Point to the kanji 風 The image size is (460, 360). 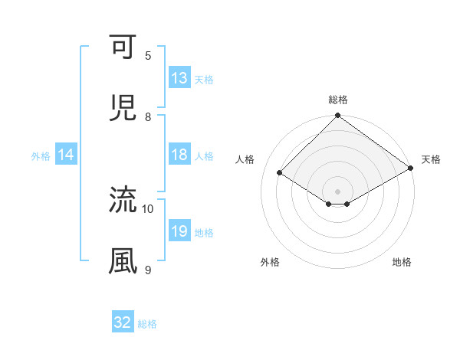123,260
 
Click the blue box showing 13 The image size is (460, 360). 179,78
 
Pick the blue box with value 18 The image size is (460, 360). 179,155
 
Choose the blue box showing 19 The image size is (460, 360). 179,232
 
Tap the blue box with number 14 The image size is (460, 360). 66,155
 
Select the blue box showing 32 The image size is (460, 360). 123,322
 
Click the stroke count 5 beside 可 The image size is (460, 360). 148,55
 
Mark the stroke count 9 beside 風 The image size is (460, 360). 148,270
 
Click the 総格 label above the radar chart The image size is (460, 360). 338,100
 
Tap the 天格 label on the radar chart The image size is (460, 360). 431,159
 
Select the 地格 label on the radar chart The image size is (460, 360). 402,262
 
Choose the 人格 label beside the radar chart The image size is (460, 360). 245,159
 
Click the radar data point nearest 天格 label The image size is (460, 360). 412,169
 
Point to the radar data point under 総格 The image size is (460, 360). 337,116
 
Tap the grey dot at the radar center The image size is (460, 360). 337,191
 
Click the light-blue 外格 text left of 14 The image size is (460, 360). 41,156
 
